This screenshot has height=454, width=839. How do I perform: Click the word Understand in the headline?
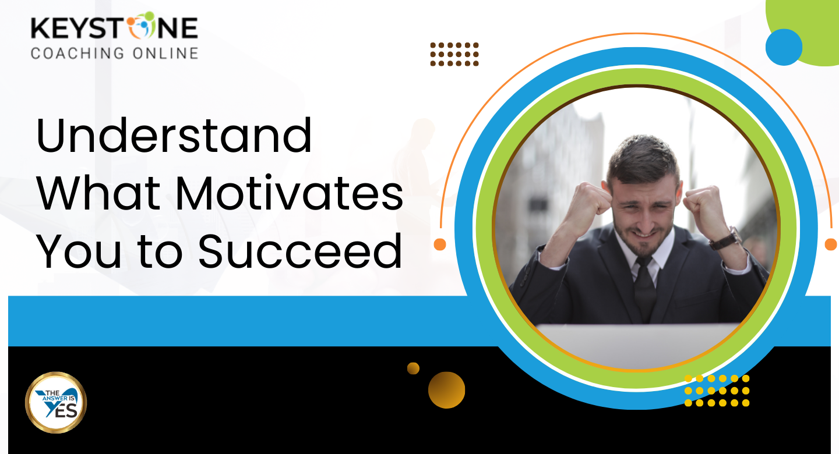[x=174, y=135]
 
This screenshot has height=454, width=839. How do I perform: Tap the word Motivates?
[x=289, y=193]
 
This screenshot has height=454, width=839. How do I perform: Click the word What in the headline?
[x=98, y=193]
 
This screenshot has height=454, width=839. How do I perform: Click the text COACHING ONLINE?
[x=114, y=53]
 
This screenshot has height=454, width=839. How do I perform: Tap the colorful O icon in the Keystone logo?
[x=141, y=26]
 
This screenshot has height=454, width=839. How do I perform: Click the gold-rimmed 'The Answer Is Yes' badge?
[x=56, y=402]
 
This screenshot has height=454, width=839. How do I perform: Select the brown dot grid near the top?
[x=454, y=54]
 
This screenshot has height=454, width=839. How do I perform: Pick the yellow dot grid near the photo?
[x=717, y=391]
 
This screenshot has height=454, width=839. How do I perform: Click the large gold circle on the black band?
[x=446, y=390]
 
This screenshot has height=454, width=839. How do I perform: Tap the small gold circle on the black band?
[x=413, y=368]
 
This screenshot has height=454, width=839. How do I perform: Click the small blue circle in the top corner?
[x=784, y=47]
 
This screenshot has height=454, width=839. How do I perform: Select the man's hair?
[x=643, y=159]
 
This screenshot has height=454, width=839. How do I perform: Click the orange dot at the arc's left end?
[x=440, y=244]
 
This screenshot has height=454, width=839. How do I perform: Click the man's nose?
[x=645, y=220]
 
